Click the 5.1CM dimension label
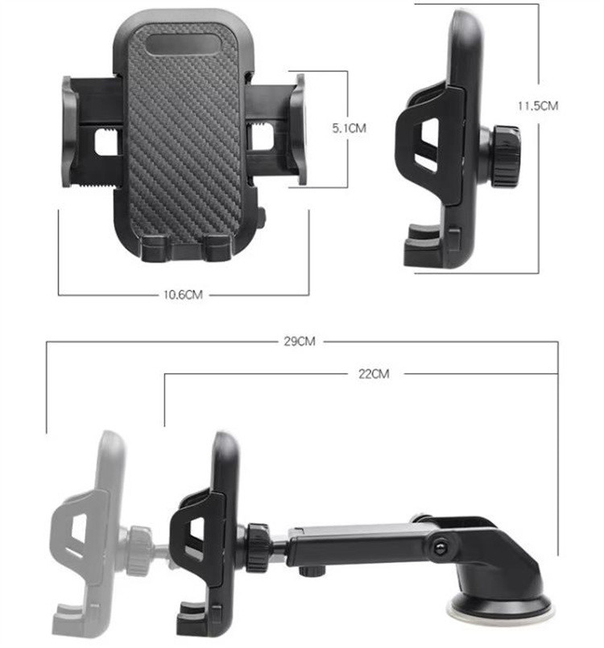click(x=350, y=128)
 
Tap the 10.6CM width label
click(x=183, y=295)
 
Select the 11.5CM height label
click(x=538, y=105)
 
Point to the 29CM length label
click(x=299, y=341)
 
